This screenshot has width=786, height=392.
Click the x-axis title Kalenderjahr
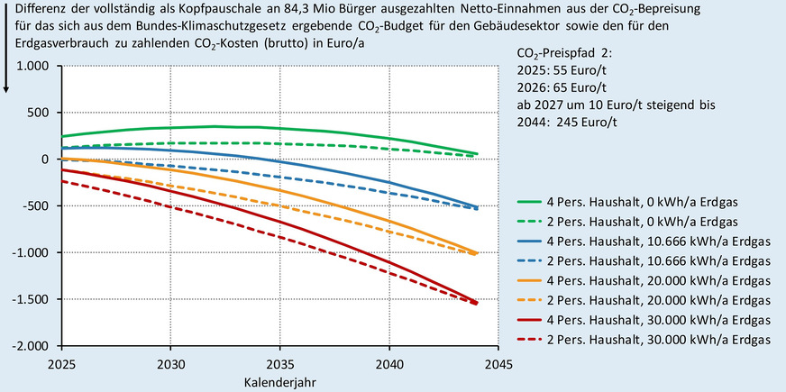pos(279,381)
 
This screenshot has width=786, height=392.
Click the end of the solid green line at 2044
pos(476,153)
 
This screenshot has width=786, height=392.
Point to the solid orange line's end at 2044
pos(476,253)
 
